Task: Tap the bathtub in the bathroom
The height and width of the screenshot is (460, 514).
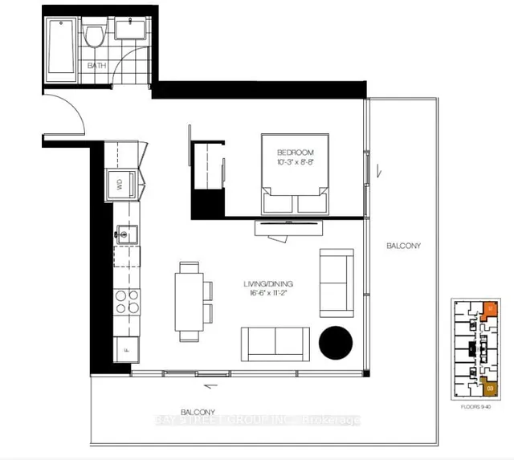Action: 58,46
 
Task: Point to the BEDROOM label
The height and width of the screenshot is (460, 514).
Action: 295,153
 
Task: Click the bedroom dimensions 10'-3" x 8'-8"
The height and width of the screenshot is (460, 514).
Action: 295,164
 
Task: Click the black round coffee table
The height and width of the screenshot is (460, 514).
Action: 336,343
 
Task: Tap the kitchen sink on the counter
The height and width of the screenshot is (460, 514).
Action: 124,235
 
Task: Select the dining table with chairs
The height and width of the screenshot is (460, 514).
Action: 190,300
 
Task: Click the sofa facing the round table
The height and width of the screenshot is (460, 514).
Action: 276,344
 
